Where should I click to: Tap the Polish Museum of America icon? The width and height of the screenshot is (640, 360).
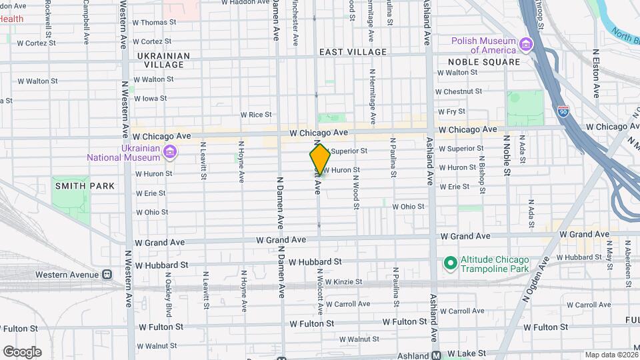click(526, 45)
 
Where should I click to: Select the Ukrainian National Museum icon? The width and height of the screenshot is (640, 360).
click(170, 153)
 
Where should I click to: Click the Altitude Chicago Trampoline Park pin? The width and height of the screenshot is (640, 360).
click(449, 264)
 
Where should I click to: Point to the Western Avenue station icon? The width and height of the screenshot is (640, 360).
click(106, 275)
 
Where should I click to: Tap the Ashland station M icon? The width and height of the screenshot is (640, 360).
click(436, 355)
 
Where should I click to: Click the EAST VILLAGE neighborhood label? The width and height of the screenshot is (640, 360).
click(353, 52)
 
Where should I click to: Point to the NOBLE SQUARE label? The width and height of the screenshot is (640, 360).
click(479, 62)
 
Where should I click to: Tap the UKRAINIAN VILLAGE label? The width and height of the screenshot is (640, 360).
click(164, 60)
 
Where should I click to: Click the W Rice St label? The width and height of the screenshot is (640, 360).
click(256, 115)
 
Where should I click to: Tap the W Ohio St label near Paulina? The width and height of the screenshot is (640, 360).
click(408, 207)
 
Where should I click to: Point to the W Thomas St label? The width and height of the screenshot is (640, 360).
click(154, 22)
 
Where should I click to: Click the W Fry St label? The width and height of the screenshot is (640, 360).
click(451, 111)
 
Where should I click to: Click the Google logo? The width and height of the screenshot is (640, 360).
click(22, 352)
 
